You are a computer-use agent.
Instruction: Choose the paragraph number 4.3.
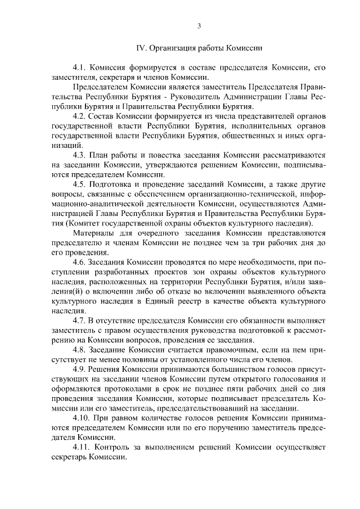tap(79, 155)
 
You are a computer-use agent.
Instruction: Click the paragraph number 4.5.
tap(79, 184)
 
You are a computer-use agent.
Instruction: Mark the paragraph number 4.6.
tap(79, 262)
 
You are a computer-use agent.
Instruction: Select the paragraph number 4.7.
tap(79, 321)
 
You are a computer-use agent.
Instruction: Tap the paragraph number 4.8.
tap(79, 350)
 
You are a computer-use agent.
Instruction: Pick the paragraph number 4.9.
tap(79, 369)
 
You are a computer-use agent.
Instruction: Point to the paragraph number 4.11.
tap(82, 447)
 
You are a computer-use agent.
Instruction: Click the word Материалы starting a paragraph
tap(95, 233)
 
